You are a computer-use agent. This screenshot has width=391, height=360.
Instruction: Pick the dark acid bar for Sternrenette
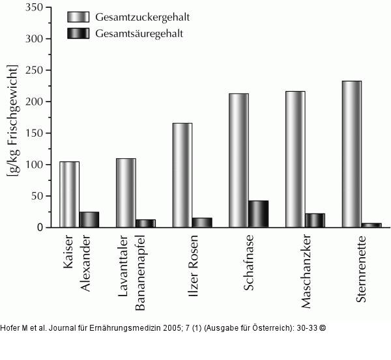[371, 225]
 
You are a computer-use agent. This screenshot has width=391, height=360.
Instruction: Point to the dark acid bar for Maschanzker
[315, 220]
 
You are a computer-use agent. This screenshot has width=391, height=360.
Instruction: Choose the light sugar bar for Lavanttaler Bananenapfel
[126, 193]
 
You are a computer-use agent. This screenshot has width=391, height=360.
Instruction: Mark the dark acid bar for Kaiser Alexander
[89, 219]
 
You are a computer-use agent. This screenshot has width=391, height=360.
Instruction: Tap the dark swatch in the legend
[80, 33]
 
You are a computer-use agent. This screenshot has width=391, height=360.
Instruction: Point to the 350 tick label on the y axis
[34, 7]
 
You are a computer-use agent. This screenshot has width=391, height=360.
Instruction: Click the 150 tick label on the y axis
[34, 133]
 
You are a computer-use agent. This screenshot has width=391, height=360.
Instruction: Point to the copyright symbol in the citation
[322, 327]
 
